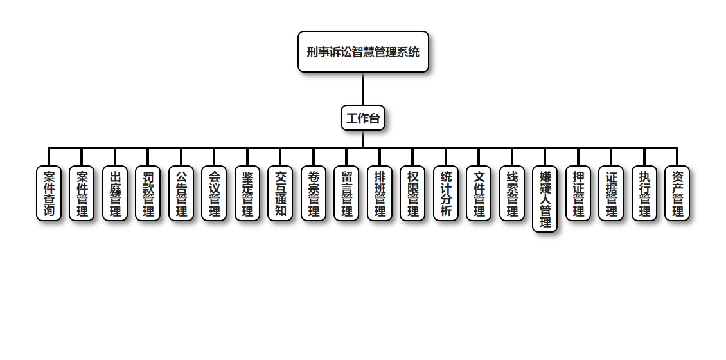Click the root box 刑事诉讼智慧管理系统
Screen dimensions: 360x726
(x=363, y=52)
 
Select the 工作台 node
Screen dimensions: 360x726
(x=363, y=118)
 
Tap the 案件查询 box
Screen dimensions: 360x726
(x=49, y=194)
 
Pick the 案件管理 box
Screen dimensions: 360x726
(x=82, y=194)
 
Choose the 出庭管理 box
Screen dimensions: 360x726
(x=115, y=194)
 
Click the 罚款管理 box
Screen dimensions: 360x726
(x=148, y=194)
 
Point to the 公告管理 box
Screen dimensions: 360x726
(x=181, y=194)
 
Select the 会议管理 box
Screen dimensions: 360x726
(x=214, y=194)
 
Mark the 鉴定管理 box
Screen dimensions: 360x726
(x=247, y=194)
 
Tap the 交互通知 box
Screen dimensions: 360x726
(x=280, y=194)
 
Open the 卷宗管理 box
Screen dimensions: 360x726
(x=314, y=194)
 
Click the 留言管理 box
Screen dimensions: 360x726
(x=346, y=194)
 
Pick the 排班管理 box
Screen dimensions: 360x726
(x=380, y=194)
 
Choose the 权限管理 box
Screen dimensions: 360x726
(x=412, y=194)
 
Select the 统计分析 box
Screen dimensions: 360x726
(x=446, y=194)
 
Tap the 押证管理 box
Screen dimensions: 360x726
(x=578, y=194)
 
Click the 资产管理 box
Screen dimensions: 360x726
(x=677, y=194)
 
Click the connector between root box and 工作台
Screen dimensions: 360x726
(x=363, y=89)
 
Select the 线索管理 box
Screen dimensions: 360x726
(x=512, y=194)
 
